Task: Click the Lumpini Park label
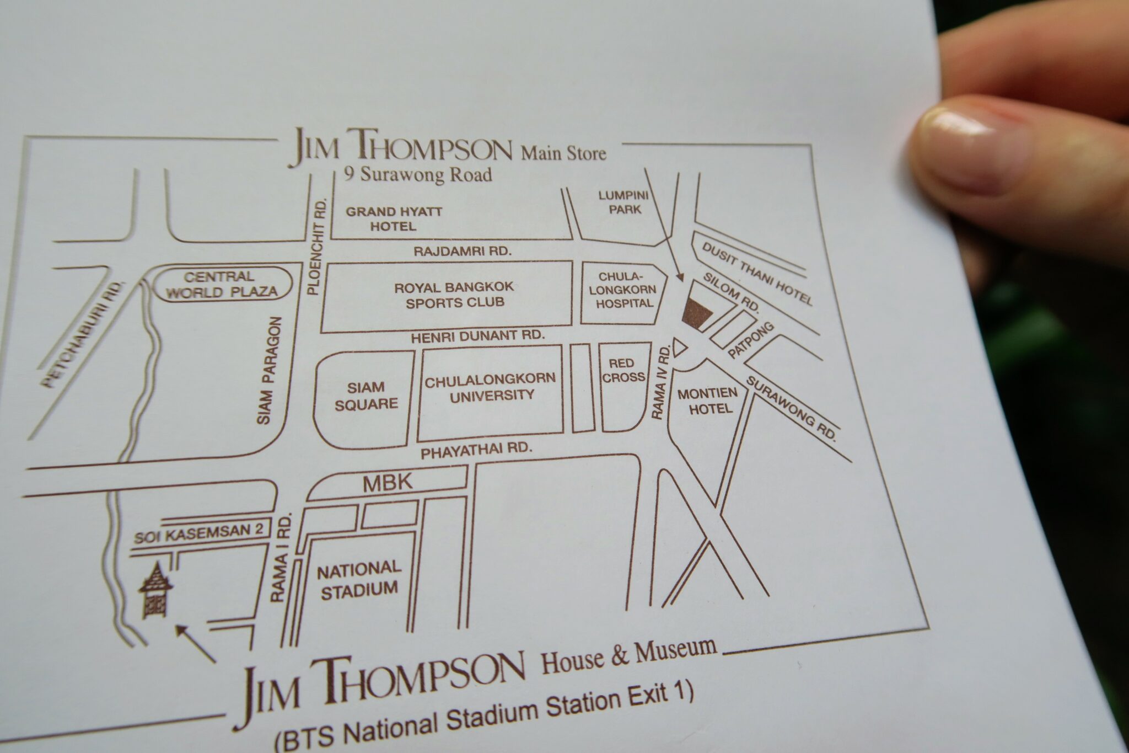(626, 202)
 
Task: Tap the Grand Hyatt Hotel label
(394, 218)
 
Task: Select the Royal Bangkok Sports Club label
(454, 295)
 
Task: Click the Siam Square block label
(366, 396)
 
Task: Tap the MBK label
(388, 483)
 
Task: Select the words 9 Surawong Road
(417, 175)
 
